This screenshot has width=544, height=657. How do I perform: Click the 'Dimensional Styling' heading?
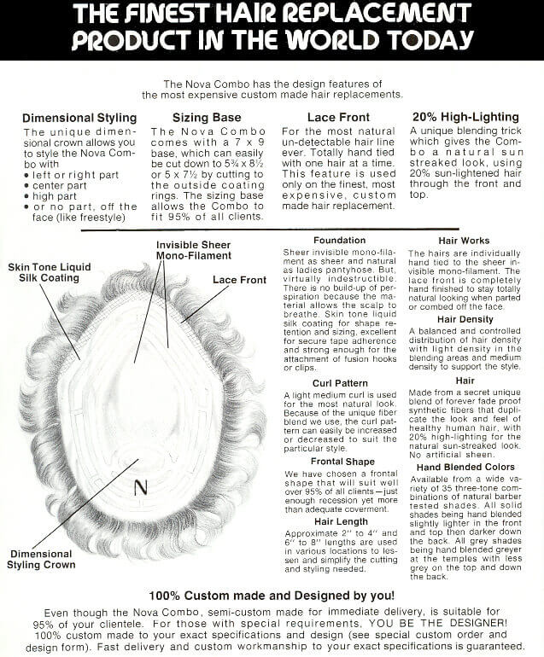click(79, 118)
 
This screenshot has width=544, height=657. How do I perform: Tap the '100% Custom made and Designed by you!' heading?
click(272, 595)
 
